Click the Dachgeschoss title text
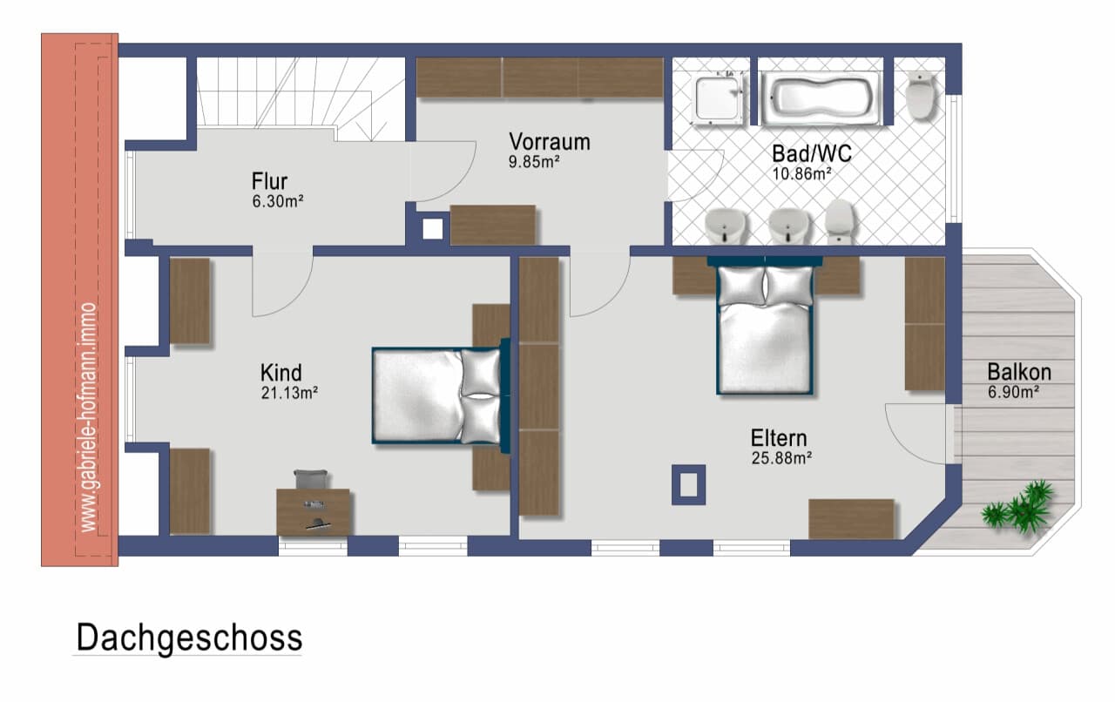tap(189, 638)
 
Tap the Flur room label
tap(269, 181)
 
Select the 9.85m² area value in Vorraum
tap(534, 162)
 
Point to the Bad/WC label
tap(812, 154)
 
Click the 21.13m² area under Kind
tap(289, 393)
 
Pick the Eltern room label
tap(779, 438)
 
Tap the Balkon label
tap(1019, 372)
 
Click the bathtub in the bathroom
tap(821, 98)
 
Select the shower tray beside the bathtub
tap(717, 98)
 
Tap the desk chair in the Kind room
tap(311, 479)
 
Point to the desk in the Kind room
tap(313, 512)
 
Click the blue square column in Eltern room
tap(688, 484)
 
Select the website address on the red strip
tap(88, 417)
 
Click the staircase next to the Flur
tap(301, 98)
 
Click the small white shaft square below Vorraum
tap(433, 230)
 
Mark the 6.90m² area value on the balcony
tap(1013, 392)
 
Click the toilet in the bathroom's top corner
tap(919, 96)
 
